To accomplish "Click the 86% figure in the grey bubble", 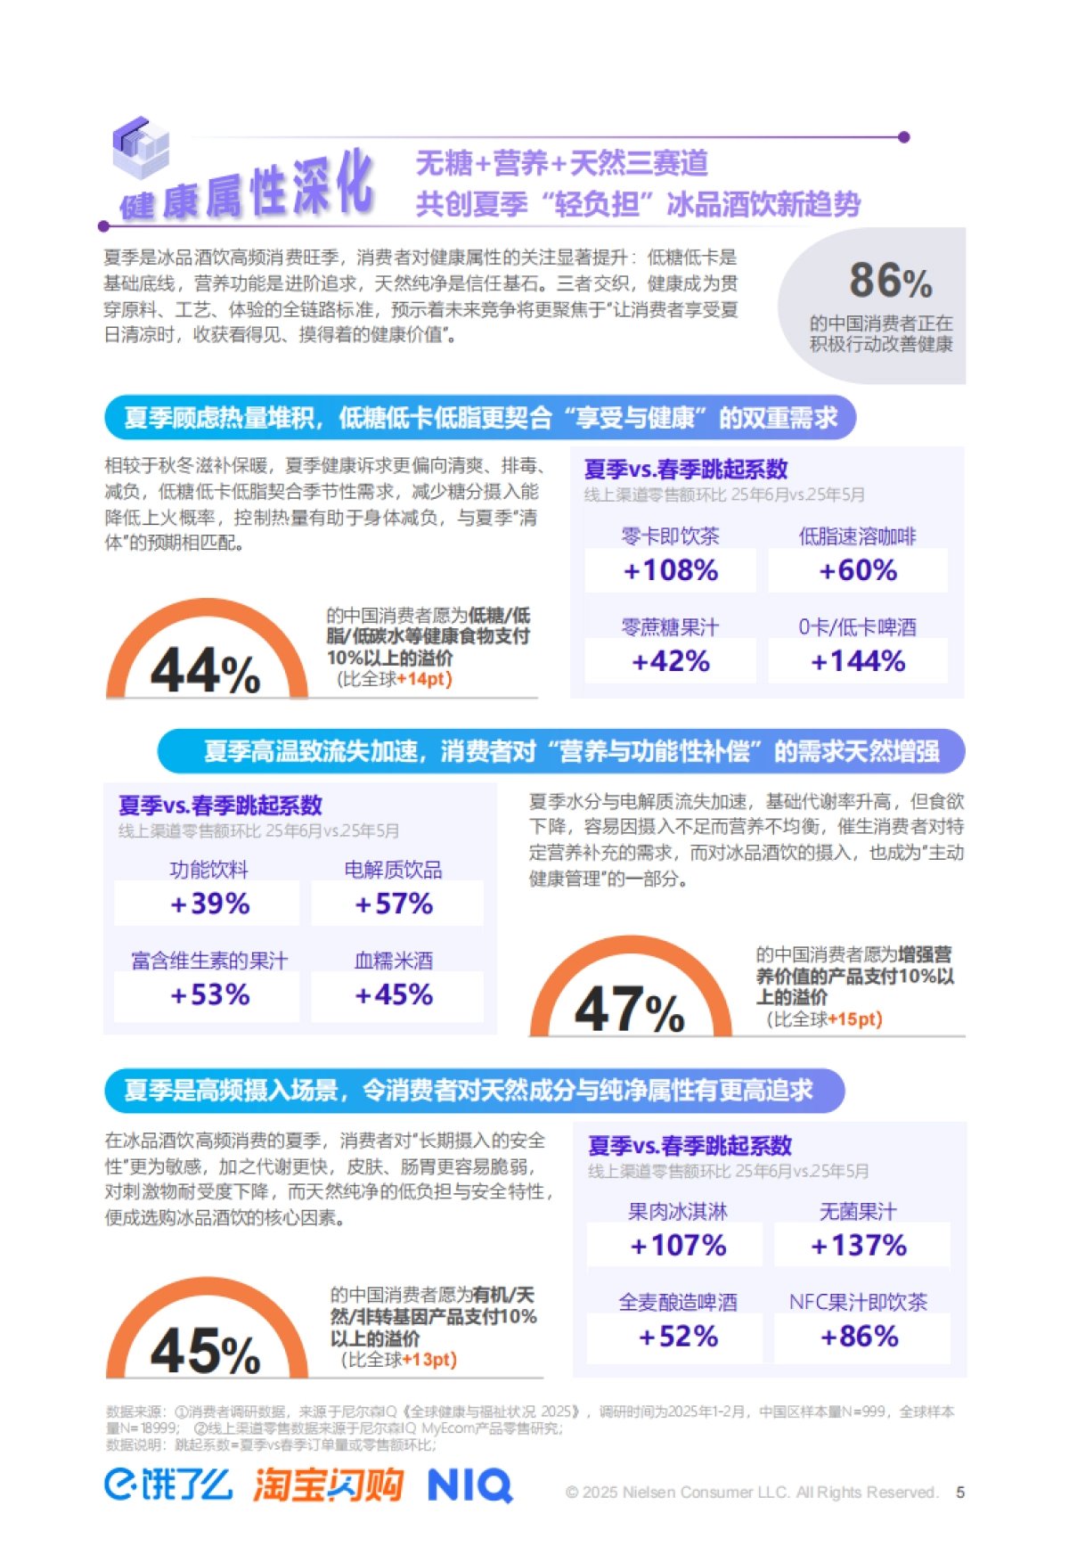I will pyautogui.click(x=890, y=281).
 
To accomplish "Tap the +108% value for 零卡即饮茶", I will pyautogui.click(x=671, y=570).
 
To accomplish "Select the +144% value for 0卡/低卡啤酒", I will pyautogui.click(x=858, y=661).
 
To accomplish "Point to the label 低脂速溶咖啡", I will pyautogui.click(x=857, y=536).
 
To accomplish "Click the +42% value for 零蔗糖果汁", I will pyautogui.click(x=671, y=661).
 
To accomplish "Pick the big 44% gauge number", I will pyautogui.click(x=206, y=670).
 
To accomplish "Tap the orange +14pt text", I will pyautogui.click(x=424, y=679).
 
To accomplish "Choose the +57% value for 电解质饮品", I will pyautogui.click(x=394, y=904).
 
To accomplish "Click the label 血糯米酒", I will pyautogui.click(x=394, y=960).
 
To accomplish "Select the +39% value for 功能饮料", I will pyautogui.click(x=210, y=904).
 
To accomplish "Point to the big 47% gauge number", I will pyautogui.click(x=630, y=1010).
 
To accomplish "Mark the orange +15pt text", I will pyautogui.click(x=854, y=1019).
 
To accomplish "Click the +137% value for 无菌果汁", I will pyautogui.click(x=859, y=1245).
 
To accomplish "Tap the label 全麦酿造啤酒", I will pyautogui.click(x=678, y=1302).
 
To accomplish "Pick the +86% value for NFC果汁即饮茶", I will pyautogui.click(x=860, y=1336).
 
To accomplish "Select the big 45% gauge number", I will pyautogui.click(x=206, y=1350).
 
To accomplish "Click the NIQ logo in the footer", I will pyautogui.click(x=469, y=1485).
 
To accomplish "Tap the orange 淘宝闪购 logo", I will pyautogui.click(x=328, y=1485).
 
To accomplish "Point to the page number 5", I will pyautogui.click(x=960, y=1493).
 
